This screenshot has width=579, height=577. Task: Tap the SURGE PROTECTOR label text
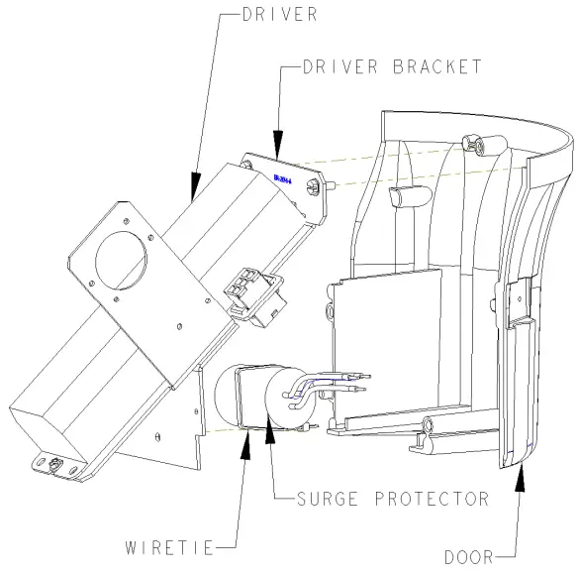click(392, 499)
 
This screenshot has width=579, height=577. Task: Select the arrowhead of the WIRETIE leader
click(245, 437)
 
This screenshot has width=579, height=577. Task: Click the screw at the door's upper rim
click(479, 147)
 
